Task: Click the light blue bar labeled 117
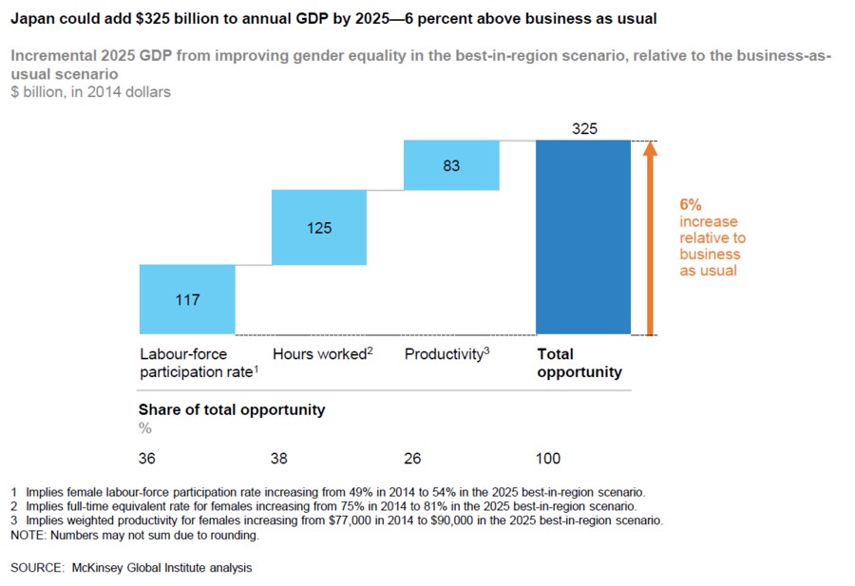tap(187, 299)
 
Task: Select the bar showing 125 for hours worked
tap(319, 227)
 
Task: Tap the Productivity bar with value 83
tap(451, 165)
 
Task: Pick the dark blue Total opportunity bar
tap(583, 237)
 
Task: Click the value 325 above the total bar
tap(585, 128)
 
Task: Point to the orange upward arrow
tap(650, 237)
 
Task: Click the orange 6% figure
tap(691, 203)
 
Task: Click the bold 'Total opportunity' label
tap(579, 363)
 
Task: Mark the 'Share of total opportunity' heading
tap(232, 410)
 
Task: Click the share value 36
tap(147, 459)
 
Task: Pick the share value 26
tap(413, 459)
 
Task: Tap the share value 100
tap(548, 459)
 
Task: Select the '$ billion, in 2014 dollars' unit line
tap(91, 92)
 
